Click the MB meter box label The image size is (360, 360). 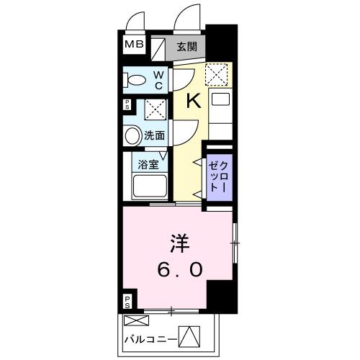point(135,45)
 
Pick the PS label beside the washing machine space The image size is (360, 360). point(127,105)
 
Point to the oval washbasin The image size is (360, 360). point(132,135)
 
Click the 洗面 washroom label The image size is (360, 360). point(154,135)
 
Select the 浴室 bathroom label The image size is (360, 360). point(149,163)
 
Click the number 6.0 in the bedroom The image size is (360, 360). point(180,269)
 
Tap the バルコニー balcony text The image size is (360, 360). point(150,336)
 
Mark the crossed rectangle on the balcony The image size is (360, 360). point(135,320)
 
